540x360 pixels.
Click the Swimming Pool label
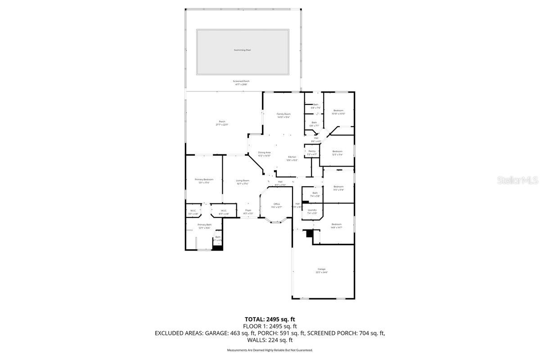pos(242,50)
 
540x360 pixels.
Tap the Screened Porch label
pos(241,81)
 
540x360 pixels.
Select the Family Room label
pos(283,114)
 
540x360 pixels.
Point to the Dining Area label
pos(264,153)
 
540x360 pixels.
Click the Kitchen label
pos(292,157)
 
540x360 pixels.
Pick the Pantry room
pos(312,152)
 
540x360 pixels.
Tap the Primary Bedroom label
pos(204,180)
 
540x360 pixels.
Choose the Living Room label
pos(243,181)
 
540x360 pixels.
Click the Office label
pos(277,204)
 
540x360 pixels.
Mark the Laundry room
pos(312,210)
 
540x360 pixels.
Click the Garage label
pos(321,270)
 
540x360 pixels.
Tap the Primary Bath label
pos(205,225)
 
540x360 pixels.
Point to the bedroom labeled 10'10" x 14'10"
pos(338,111)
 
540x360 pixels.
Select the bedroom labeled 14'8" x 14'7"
pos(337,225)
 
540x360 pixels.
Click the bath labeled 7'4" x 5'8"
pos(315,193)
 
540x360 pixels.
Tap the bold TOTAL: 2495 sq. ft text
pos(270,319)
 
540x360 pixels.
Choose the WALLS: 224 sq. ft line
pos(270,340)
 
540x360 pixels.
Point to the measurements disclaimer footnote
pos(270,350)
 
